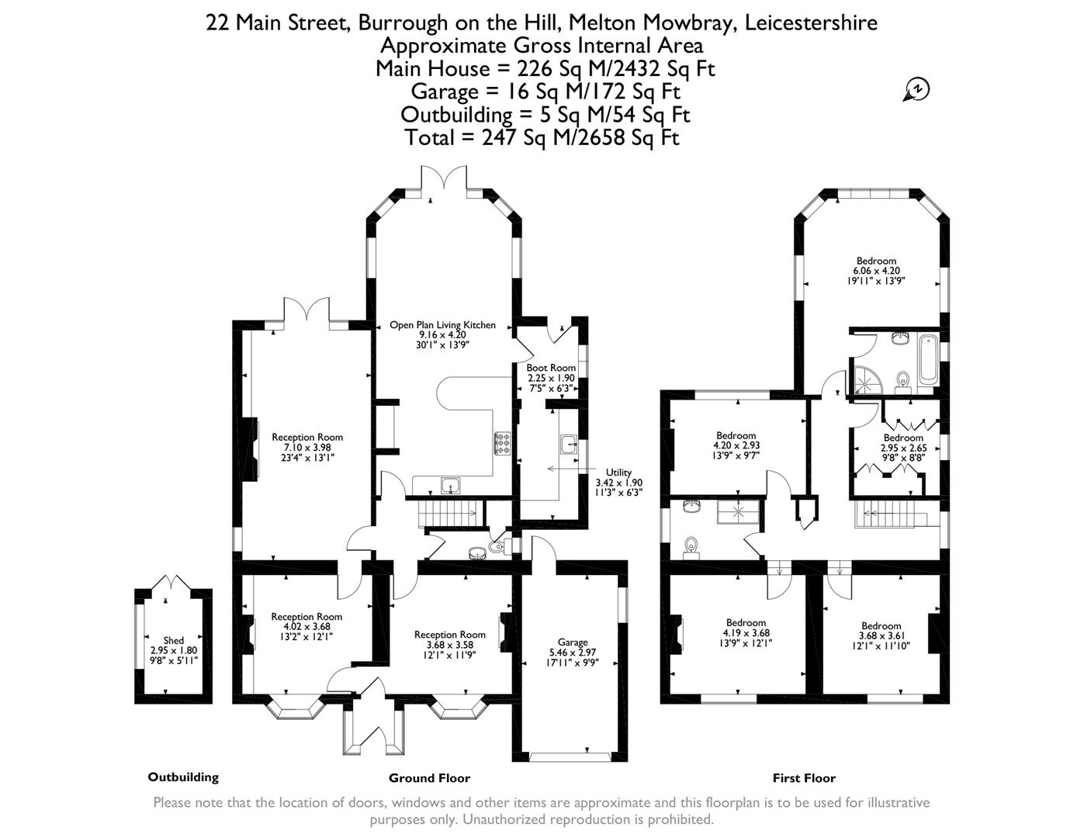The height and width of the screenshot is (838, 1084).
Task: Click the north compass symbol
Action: click(916, 90)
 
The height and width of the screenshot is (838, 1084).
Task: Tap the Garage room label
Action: click(573, 642)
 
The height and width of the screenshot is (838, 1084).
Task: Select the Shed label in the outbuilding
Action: click(173, 640)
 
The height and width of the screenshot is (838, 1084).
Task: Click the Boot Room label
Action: click(551, 368)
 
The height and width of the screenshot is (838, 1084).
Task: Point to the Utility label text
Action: click(618, 472)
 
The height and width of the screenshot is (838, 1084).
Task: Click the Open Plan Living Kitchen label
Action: click(442, 325)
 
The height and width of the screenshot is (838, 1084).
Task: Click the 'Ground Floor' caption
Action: click(429, 778)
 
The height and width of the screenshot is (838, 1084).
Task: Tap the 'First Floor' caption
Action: click(804, 778)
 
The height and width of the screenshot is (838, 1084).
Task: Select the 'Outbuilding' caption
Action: click(183, 777)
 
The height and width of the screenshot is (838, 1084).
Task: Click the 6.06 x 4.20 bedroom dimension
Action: click(876, 271)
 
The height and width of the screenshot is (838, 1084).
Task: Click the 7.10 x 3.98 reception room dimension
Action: click(306, 448)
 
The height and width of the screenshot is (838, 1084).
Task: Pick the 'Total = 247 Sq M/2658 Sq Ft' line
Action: click(542, 138)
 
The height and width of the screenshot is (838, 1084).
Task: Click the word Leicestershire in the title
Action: click(811, 23)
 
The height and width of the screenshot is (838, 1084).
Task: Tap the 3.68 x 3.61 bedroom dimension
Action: click(881, 635)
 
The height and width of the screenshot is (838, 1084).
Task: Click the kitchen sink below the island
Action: click(451, 487)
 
